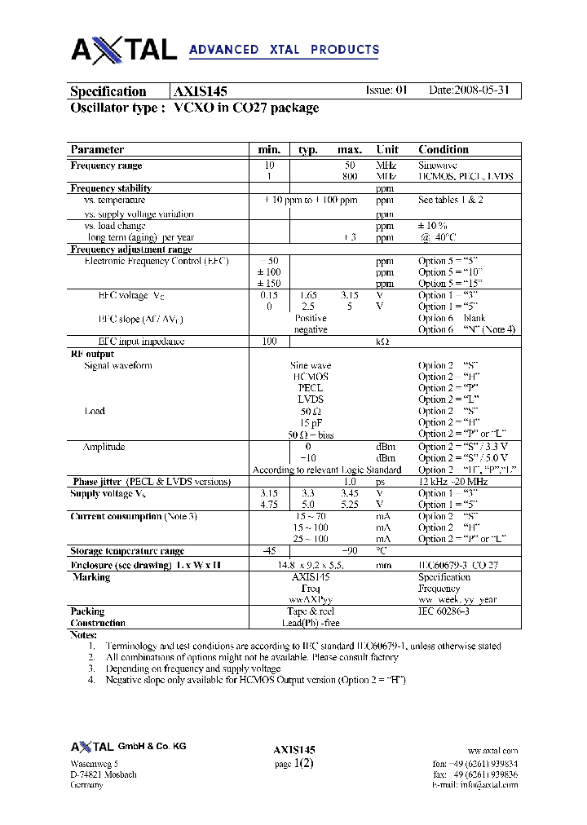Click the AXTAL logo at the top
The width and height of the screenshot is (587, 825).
tap(123, 50)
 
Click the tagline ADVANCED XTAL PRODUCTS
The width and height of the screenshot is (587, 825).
tap(284, 50)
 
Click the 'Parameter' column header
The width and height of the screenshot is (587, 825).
tap(97, 149)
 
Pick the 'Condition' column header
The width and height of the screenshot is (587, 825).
tap(443, 149)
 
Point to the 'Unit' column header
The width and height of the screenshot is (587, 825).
tap(386, 149)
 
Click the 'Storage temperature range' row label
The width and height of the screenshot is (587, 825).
tap(127, 551)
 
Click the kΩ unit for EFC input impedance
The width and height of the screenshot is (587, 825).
tap(382, 342)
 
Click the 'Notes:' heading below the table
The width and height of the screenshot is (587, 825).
tap(83, 634)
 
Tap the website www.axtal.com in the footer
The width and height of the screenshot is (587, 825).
tap(492, 751)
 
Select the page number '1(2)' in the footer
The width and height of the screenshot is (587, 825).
tap(302, 763)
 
